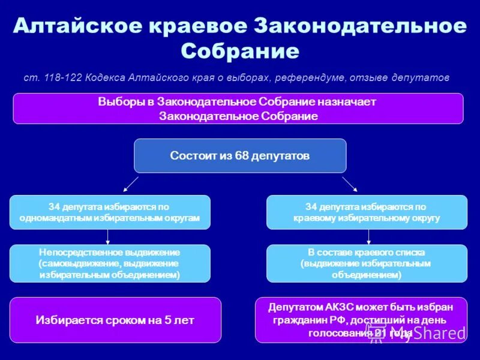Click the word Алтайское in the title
(x=77, y=26)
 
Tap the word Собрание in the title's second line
(x=240, y=51)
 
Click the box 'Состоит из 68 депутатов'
(x=240, y=155)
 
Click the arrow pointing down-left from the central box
(x=131, y=183)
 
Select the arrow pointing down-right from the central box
(x=349, y=183)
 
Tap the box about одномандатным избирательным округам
(x=110, y=212)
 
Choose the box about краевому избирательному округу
(x=367, y=212)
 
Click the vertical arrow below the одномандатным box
(x=107, y=236)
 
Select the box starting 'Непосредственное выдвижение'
(x=110, y=263)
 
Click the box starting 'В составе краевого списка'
(x=367, y=263)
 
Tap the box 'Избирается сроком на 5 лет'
(x=115, y=320)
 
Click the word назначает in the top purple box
(x=352, y=102)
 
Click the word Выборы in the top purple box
(x=116, y=102)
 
